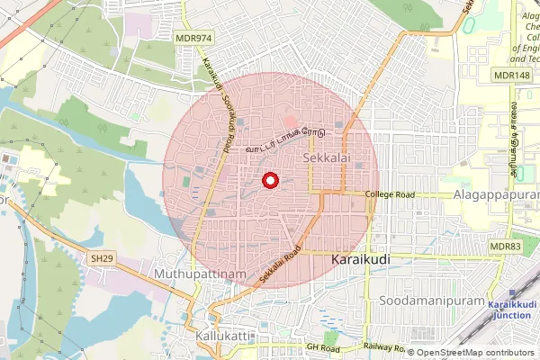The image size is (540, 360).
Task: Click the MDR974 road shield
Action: pos(194,38)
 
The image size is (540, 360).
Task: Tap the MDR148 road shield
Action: pos(510,75)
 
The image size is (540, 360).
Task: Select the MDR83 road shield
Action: pos(505,247)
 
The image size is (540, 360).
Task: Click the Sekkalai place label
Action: pos(326,157)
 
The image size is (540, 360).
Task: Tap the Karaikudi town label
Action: pos(361,258)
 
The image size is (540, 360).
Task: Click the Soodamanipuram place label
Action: pos(427,299)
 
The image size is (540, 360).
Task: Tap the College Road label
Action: pos(390,194)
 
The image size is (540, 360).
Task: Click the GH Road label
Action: pos(321,346)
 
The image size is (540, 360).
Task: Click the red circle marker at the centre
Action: pos(268,181)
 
